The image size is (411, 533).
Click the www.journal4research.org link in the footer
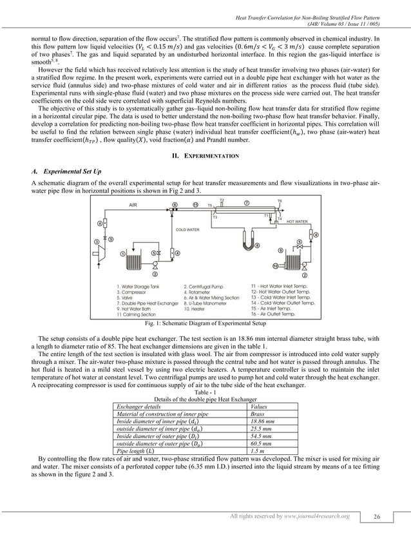coord(318,516)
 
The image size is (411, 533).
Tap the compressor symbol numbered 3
coord(98,243)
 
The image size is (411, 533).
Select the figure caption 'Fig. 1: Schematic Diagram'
coord(205,321)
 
